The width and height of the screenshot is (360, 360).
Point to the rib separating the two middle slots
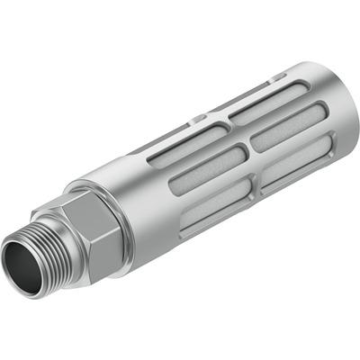(x=245, y=150)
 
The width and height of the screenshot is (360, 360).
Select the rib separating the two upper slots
(x=225, y=122)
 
